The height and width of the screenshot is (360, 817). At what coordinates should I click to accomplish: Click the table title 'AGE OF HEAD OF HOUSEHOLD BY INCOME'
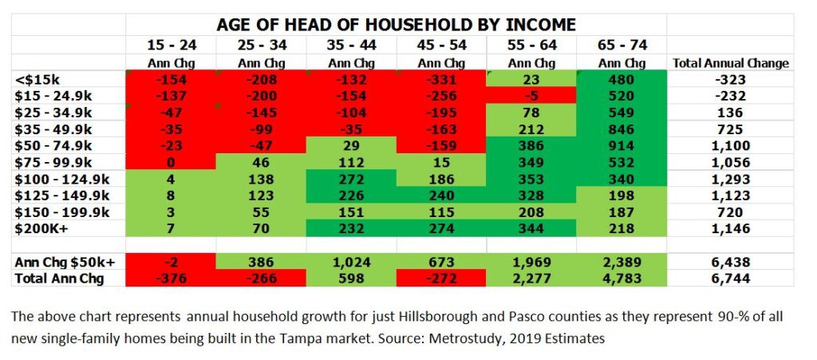pos(396,24)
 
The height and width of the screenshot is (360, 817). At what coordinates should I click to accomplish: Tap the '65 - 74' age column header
pos(622,45)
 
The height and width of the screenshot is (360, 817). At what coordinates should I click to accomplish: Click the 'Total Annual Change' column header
pos(731,62)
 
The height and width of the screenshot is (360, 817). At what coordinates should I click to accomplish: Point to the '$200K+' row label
pos(40,227)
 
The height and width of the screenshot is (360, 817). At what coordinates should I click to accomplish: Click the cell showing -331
pos(441,79)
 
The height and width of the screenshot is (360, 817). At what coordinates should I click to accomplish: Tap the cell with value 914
pos(622,145)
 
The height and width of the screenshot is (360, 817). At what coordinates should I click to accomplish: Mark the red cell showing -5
pos(531,95)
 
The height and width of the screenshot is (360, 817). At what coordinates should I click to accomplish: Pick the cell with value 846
pos(622,129)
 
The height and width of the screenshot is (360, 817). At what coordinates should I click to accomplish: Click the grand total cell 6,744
pos(731,278)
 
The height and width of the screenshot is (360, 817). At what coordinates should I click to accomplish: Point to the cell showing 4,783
pos(622,278)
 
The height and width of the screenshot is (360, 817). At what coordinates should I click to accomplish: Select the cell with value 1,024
pos(351,261)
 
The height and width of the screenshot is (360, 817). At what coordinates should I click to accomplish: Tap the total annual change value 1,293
pos(731,179)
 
